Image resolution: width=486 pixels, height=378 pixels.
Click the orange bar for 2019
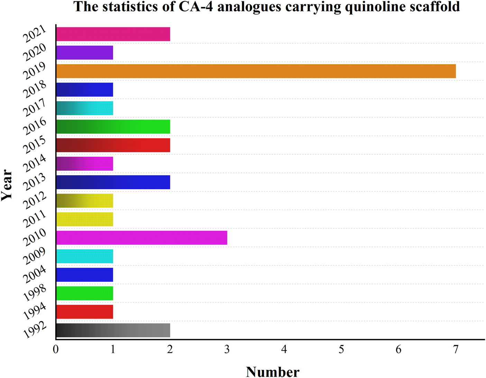pyautogui.click(x=256, y=71)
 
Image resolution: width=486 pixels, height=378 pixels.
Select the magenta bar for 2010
pyautogui.click(x=141, y=238)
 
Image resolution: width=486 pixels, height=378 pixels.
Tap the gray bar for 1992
pyautogui.click(x=113, y=330)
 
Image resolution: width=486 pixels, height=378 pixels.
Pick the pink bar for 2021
pyautogui.click(x=113, y=34)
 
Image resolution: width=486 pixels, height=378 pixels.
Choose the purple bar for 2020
pyautogui.click(x=84, y=53)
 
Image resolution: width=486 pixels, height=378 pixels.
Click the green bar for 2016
pyautogui.click(x=113, y=127)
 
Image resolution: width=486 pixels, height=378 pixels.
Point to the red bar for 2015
pyautogui.click(x=113, y=145)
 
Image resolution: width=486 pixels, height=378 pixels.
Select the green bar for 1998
pyautogui.click(x=84, y=293)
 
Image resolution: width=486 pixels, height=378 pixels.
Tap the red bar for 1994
pyautogui.click(x=84, y=312)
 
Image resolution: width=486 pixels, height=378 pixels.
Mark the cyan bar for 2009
pyautogui.click(x=84, y=256)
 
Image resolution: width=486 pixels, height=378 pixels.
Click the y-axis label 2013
pyautogui.click(x=34, y=182)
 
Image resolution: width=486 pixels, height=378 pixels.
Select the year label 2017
pyautogui.click(x=34, y=108)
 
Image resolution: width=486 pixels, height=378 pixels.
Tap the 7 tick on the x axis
pyautogui.click(x=456, y=350)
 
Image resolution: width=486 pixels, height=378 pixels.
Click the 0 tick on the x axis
pyautogui.click(x=56, y=350)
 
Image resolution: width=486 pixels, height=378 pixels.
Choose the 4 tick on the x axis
pyautogui.click(x=284, y=350)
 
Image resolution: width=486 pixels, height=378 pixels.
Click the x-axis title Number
pyautogui.click(x=273, y=372)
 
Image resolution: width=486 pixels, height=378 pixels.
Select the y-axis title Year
pyautogui.click(x=7, y=185)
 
